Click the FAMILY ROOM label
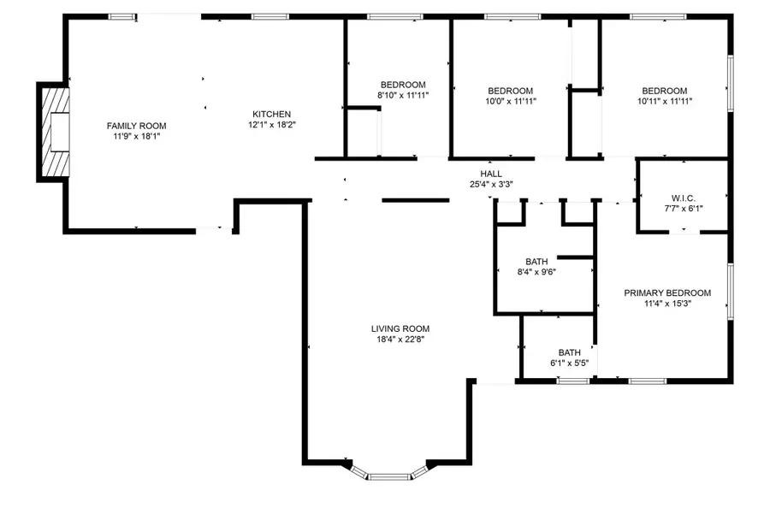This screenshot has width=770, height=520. (136, 126)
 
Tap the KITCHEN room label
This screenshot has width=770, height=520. (271, 115)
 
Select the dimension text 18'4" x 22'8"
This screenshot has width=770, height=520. (400, 340)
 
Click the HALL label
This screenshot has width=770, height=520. (490, 173)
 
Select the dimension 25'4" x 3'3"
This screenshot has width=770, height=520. (490, 184)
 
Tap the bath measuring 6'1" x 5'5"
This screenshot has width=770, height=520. (569, 357)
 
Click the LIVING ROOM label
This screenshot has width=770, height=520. (400, 328)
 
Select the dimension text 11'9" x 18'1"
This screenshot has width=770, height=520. (136, 136)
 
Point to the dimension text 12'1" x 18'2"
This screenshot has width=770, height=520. (271, 125)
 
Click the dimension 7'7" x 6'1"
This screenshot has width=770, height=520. (683, 207)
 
